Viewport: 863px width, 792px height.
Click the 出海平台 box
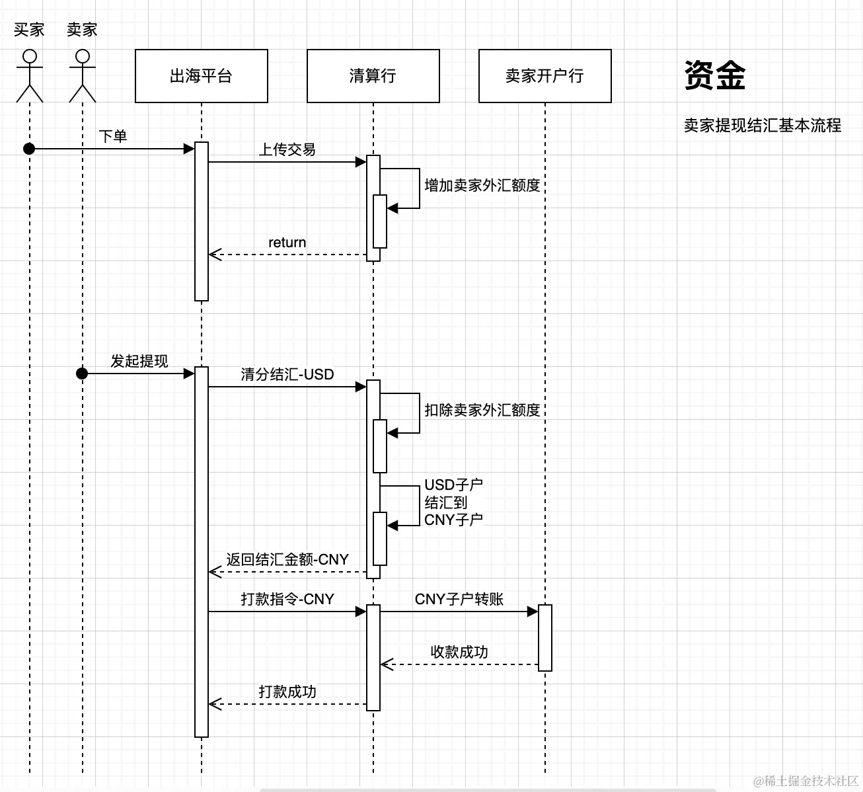[201, 76]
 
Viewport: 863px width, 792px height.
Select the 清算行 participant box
[373, 76]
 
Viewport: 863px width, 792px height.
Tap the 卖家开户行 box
[544, 76]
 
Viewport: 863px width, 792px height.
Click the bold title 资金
[714, 75]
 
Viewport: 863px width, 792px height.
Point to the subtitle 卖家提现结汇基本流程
[762, 126]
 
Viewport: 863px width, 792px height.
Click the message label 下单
[113, 136]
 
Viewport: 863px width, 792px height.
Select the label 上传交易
[287, 149]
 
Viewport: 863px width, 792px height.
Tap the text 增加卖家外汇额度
[482, 186]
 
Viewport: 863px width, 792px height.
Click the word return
[287, 243]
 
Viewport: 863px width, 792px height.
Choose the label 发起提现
[139, 361]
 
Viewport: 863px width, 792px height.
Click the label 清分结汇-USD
[287, 374]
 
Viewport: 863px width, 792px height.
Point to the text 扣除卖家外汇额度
[482, 411]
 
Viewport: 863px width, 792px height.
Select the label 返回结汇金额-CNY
[287, 559]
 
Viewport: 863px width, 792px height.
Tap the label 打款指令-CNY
[287, 599]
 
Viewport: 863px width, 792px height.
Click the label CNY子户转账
[459, 599]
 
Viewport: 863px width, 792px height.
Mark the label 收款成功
[459, 652]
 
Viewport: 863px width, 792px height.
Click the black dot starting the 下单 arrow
[29, 149]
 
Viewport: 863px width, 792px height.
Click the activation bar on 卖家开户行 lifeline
[544, 637]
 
